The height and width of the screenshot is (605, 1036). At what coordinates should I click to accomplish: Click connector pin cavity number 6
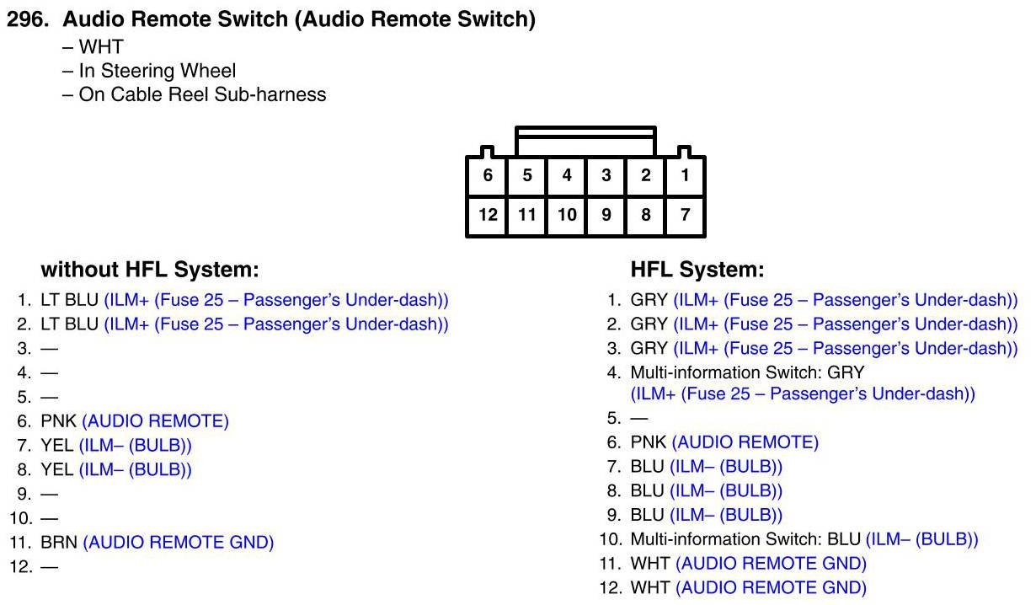tap(487, 176)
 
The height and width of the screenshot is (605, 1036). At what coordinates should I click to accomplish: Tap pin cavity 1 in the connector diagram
tap(685, 176)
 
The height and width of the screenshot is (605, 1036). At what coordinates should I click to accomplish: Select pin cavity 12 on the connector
tap(487, 215)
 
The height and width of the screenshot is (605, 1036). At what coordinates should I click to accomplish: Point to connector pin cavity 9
tap(606, 215)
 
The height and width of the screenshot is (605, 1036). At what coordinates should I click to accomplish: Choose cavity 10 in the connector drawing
tap(567, 215)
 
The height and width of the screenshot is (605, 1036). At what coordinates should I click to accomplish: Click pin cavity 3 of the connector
tap(606, 176)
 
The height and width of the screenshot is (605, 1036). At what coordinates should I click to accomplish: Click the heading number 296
tap(28, 19)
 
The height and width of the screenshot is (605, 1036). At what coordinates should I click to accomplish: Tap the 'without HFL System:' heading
tap(150, 270)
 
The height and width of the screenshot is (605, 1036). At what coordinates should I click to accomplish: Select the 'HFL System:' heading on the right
tap(697, 270)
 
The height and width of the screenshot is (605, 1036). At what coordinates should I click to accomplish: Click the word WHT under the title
tap(101, 46)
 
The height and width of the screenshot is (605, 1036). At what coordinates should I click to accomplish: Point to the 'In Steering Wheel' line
tap(158, 71)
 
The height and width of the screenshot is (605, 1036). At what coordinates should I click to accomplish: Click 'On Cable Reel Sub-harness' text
tap(203, 94)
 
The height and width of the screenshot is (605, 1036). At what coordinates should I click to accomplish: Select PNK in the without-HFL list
tap(59, 421)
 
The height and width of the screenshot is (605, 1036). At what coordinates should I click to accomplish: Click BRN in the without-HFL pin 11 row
tap(59, 543)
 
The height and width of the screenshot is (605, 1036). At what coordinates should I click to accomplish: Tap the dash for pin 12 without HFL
tap(50, 567)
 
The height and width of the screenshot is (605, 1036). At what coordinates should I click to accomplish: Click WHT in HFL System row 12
tap(649, 588)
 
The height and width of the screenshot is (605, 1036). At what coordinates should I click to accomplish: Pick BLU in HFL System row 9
tap(647, 516)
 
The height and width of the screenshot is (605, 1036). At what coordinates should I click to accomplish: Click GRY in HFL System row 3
tap(649, 349)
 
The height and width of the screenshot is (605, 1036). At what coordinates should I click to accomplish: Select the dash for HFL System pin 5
tap(639, 419)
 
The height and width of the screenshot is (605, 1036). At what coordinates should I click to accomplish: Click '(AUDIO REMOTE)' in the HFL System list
tap(745, 442)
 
